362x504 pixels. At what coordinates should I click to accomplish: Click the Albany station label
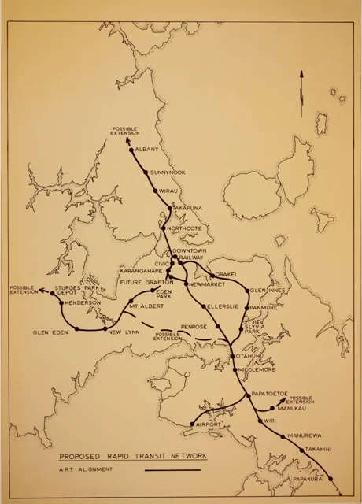point(146,150)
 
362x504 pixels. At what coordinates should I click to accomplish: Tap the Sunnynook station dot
point(146,171)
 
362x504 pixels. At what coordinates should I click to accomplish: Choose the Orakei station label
point(226,275)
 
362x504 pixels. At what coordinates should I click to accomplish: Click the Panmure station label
point(264,307)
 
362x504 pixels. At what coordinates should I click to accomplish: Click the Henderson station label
point(83,302)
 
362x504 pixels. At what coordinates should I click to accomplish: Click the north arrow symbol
point(300,94)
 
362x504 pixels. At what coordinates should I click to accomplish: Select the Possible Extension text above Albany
point(126,131)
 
